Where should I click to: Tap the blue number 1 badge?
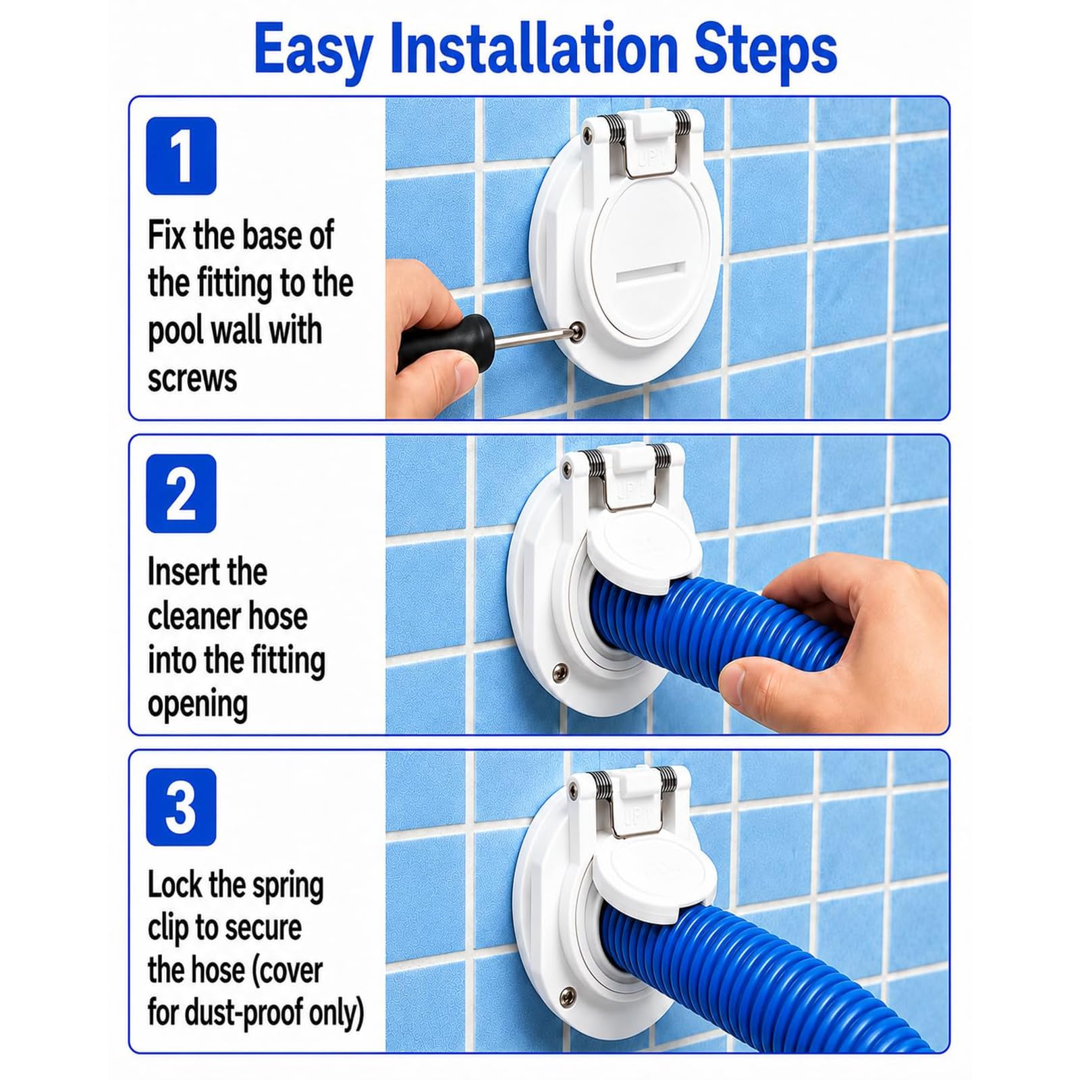(181, 156)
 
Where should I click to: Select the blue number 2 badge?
(181, 493)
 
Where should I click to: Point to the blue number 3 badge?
(181, 807)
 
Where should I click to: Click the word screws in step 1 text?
(192, 378)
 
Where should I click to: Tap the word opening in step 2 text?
(198, 705)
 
